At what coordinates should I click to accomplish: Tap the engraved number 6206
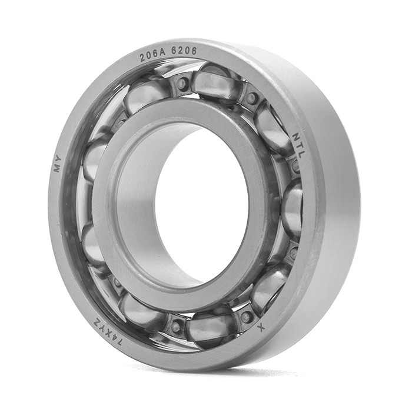pos(184,51)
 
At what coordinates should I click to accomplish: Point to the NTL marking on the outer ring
pos(298,145)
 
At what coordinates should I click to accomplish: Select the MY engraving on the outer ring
pos(57,164)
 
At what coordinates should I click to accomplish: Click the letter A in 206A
pos(162,54)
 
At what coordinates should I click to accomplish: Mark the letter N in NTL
pos(297,136)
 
